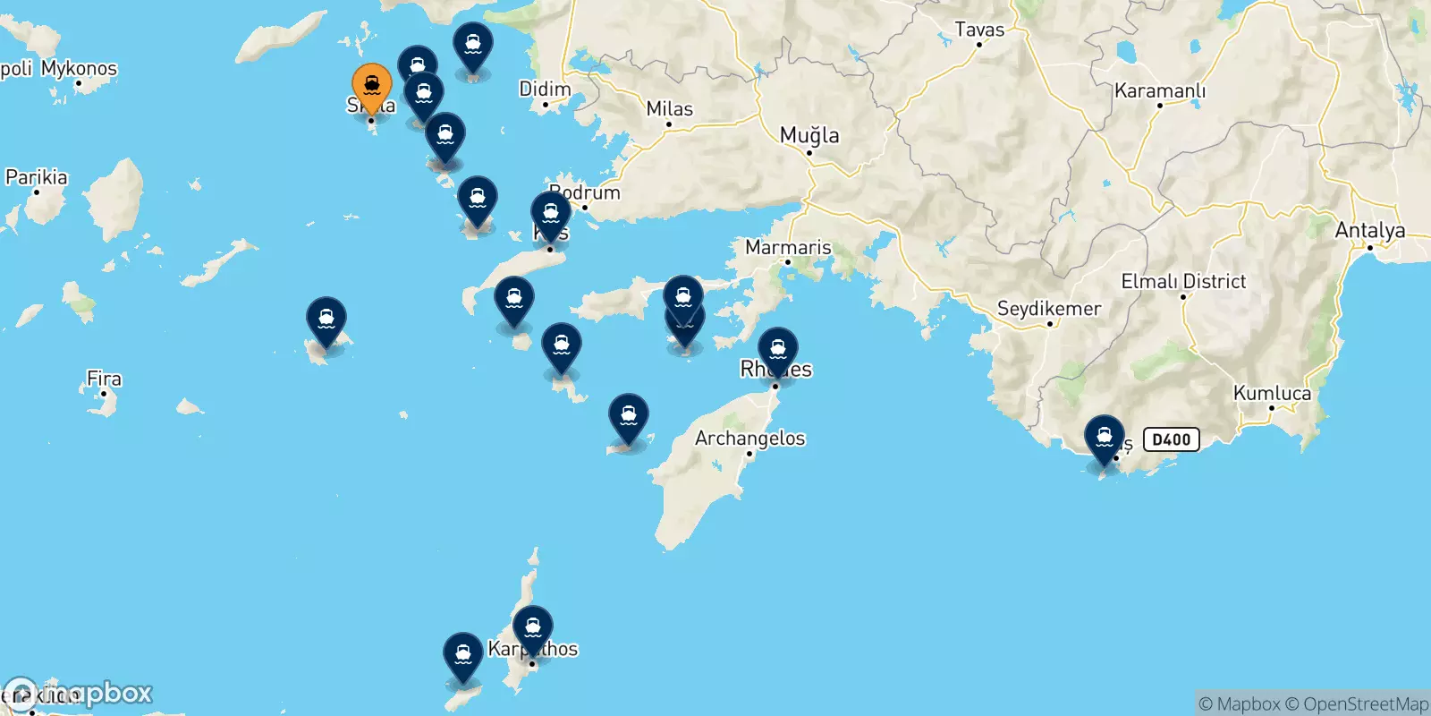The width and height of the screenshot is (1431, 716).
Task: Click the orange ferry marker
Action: coord(371,87)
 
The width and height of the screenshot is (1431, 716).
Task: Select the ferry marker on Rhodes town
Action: coord(778,350)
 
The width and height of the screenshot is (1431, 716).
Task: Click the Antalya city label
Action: coord(1369,231)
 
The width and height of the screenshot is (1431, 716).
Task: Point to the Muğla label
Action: coord(809,135)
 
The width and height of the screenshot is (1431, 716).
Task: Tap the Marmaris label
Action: coord(788,247)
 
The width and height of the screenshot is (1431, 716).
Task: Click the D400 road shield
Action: coord(1171,439)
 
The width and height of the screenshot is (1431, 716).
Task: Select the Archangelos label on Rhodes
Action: coord(749,439)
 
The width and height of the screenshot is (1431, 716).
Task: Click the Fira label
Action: coord(104,379)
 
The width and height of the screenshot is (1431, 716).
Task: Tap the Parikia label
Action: coord(37,177)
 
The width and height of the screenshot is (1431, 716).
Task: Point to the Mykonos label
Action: coord(79,68)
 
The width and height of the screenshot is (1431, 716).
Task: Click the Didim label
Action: coord(545,89)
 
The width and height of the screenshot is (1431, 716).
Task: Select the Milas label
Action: coord(669,109)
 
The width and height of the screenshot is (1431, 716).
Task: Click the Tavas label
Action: coord(979,30)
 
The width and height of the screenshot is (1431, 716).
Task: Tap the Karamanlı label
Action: coord(1159,91)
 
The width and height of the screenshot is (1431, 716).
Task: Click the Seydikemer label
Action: coord(1048,309)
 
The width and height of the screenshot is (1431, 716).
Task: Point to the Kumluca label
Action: coord(1272,393)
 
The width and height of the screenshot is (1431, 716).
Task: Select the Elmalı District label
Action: coord(1182,281)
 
